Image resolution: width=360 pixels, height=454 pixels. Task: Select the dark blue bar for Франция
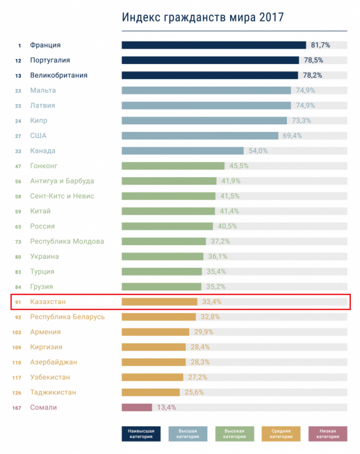click(x=214, y=45)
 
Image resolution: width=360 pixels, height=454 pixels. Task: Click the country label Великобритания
click(x=59, y=75)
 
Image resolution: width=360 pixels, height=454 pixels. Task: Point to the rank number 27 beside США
click(x=19, y=136)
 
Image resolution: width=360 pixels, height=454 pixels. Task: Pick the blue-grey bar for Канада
click(x=183, y=151)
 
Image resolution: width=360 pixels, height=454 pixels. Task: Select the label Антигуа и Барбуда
click(x=62, y=181)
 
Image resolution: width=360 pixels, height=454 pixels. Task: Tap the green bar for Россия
click(x=168, y=226)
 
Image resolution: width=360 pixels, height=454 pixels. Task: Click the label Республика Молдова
click(x=67, y=241)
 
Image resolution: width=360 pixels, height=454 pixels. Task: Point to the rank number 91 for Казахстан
click(x=18, y=302)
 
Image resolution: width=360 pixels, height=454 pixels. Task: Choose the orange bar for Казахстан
click(x=159, y=302)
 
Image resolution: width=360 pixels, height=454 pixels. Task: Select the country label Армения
click(x=45, y=332)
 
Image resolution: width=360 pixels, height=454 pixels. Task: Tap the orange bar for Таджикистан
click(x=150, y=392)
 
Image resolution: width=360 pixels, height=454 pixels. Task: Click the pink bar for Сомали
click(x=137, y=407)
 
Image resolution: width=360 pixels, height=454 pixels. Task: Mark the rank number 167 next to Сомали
click(x=18, y=407)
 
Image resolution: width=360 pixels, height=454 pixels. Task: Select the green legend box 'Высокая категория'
click(x=235, y=434)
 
